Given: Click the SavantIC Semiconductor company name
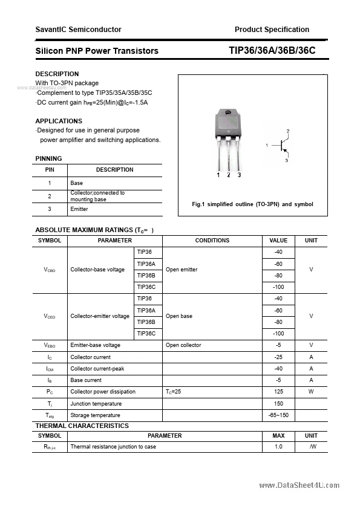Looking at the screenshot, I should [78, 29].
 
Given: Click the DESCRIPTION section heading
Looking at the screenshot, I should [57, 74].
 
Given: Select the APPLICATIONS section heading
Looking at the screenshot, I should [59, 121].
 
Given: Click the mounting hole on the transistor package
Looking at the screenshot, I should [228, 114].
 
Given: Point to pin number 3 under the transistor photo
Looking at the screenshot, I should [240, 175].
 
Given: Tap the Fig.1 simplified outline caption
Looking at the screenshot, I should [252, 204].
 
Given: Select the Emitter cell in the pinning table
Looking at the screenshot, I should [79, 209].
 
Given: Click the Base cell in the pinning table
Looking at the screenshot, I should [77, 183].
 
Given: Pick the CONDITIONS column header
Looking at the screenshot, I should [212, 241].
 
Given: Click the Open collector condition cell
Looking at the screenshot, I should [183, 345].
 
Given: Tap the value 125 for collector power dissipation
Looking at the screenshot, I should [278, 392].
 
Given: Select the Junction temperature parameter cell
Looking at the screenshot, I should [96, 404].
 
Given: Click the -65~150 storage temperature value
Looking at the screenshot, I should [278, 415].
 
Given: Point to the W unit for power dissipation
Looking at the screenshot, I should [311, 392].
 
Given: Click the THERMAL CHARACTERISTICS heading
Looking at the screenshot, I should [82, 426].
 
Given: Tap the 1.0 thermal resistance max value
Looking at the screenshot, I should [278, 447].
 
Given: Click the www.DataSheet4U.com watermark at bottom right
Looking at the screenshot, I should [299, 485].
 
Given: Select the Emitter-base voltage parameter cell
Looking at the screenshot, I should [95, 345].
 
